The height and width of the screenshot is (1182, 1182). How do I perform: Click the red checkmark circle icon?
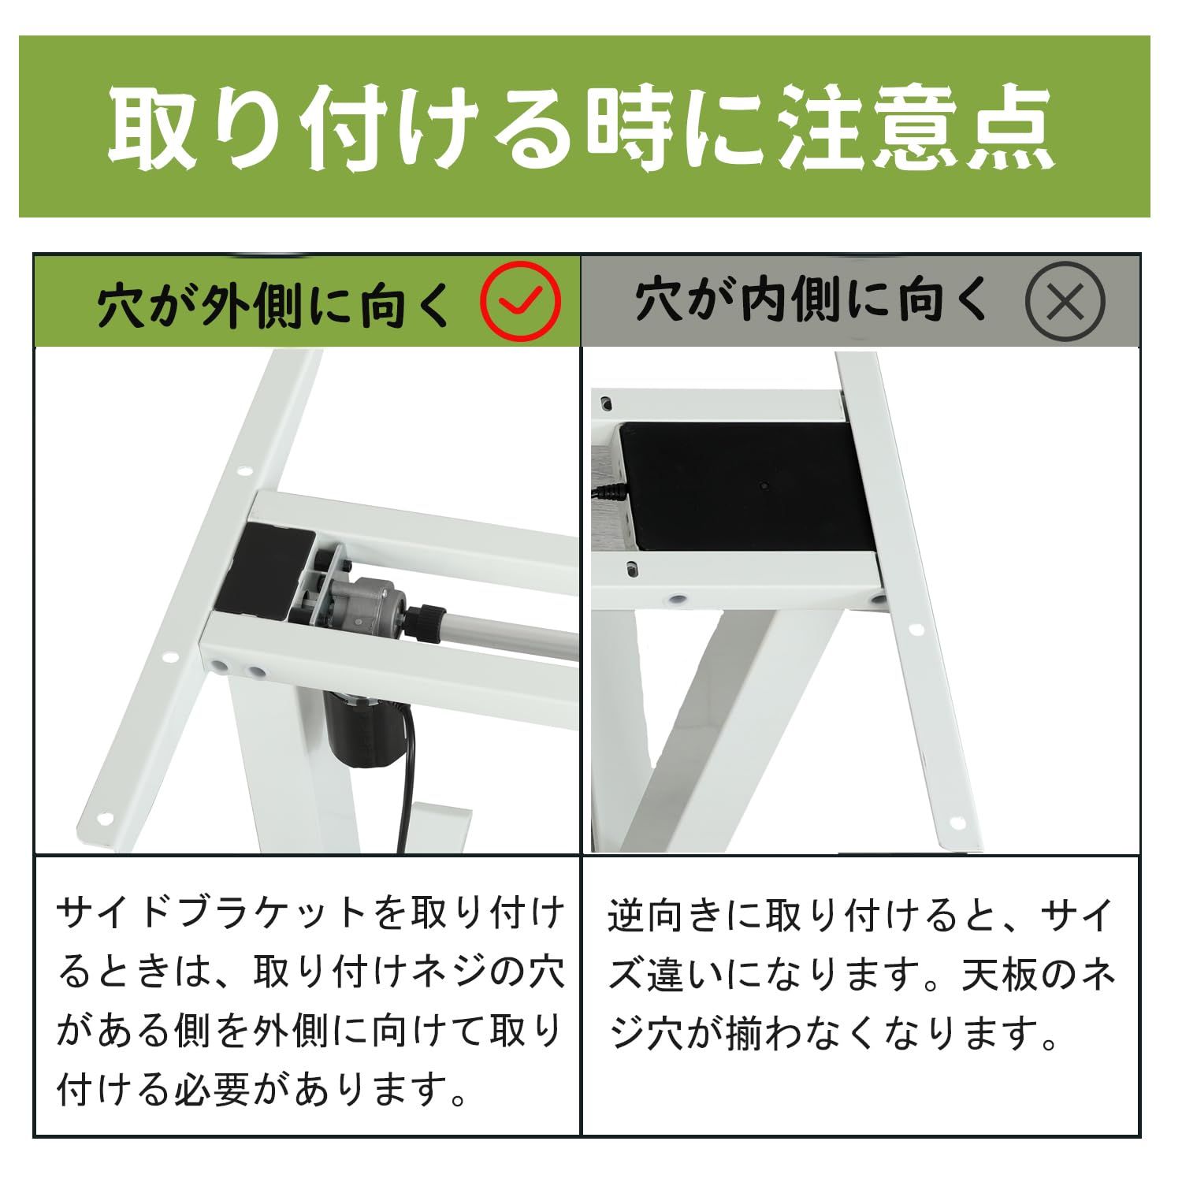[521, 301]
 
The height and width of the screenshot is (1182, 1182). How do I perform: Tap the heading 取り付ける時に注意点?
[582, 127]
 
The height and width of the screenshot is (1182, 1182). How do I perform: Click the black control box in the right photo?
[741, 485]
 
